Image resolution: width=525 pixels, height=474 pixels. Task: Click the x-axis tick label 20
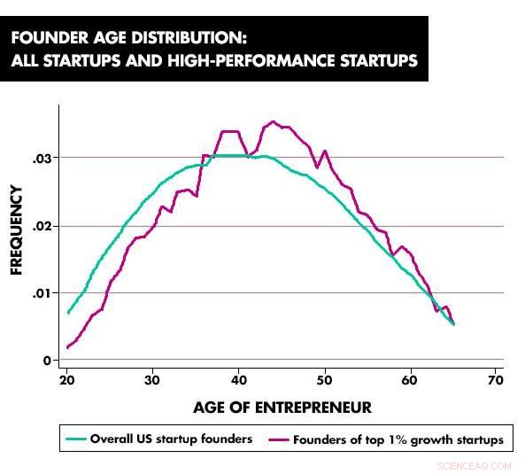pyautogui.click(x=67, y=380)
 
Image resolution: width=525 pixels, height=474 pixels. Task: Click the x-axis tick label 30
pyautogui.click(x=153, y=380)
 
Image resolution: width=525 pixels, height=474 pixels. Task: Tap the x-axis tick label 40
pyautogui.click(x=239, y=380)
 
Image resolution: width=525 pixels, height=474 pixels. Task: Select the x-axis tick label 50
pyautogui.click(x=325, y=380)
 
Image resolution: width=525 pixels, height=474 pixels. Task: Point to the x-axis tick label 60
pyautogui.click(x=410, y=380)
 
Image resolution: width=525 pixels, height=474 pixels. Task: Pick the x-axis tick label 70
pyautogui.click(x=496, y=380)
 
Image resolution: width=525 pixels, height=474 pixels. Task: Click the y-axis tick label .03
pyautogui.click(x=42, y=159)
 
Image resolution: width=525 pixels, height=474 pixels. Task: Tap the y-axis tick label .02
pyautogui.click(x=42, y=227)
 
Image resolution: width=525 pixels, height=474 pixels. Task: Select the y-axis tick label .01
pyautogui.click(x=42, y=293)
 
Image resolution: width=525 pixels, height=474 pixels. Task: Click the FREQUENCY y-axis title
pyautogui.click(x=16, y=229)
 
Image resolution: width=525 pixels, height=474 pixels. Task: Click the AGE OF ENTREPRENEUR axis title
pyautogui.click(x=282, y=408)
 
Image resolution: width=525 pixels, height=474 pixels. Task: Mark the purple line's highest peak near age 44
pyautogui.click(x=273, y=121)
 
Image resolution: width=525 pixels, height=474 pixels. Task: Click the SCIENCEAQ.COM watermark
pyautogui.click(x=475, y=465)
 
